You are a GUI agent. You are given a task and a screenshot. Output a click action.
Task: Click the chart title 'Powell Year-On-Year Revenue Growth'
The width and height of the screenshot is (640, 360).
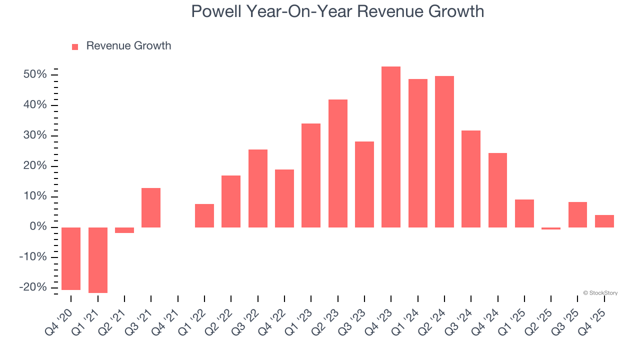tap(337, 11)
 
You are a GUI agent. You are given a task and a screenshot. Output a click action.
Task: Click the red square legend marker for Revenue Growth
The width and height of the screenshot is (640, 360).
tap(75, 46)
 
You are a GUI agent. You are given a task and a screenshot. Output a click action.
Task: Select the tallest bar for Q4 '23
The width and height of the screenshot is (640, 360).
tap(391, 147)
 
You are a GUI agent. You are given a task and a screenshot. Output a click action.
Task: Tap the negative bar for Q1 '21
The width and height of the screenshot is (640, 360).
tap(98, 260)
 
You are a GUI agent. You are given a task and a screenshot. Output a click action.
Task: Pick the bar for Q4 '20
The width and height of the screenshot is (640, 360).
tap(71, 258)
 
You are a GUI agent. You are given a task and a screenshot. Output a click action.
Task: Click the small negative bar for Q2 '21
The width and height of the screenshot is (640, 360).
tap(124, 230)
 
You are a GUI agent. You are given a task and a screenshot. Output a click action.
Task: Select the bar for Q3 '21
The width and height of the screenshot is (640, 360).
tap(151, 207)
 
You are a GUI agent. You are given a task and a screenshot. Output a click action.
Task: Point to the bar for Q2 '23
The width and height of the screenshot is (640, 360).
tap(338, 163)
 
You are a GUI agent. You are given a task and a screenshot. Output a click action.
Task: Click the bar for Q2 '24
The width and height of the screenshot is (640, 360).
tap(444, 151)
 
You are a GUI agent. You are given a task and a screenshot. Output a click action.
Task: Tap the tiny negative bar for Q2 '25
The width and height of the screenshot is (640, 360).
tap(551, 228)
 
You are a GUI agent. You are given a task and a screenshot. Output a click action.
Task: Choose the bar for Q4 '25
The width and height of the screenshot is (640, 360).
tap(604, 221)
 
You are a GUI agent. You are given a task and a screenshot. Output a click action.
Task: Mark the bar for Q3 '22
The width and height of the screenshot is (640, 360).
tap(258, 188)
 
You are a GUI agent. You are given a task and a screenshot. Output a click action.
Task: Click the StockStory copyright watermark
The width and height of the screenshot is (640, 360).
tap(600, 293)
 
